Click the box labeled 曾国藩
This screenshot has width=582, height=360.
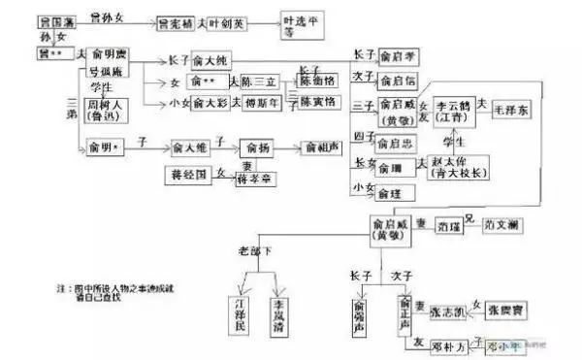(x=56, y=19)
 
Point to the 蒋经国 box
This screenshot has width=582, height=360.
(x=187, y=177)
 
